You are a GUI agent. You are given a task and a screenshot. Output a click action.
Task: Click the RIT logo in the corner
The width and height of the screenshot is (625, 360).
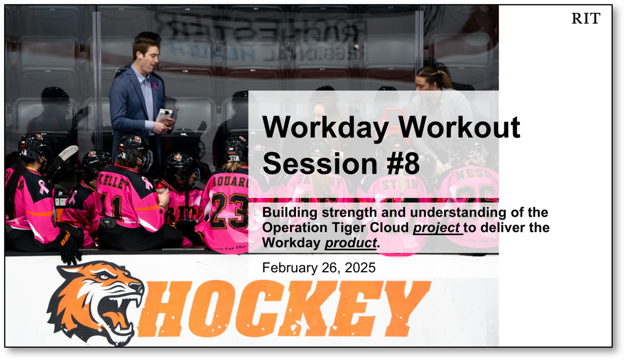coord(586,19)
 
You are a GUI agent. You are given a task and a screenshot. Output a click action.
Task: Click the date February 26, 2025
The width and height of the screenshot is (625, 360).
coord(319,268)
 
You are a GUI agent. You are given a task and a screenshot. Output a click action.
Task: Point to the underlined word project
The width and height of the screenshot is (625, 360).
coord(437,228)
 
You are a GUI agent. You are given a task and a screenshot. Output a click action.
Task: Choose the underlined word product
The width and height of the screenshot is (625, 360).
coord(350,243)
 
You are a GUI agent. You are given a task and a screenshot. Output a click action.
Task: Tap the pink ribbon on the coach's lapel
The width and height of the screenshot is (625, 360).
coord(155,86)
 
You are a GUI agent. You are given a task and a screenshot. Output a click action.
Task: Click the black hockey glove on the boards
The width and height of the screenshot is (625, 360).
coord(70,246)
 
